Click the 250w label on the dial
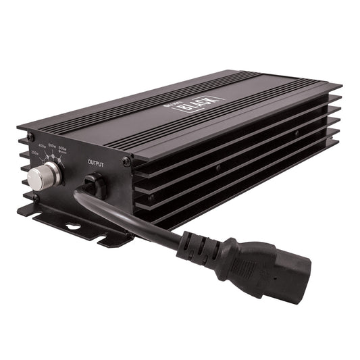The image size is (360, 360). coord(35,153)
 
